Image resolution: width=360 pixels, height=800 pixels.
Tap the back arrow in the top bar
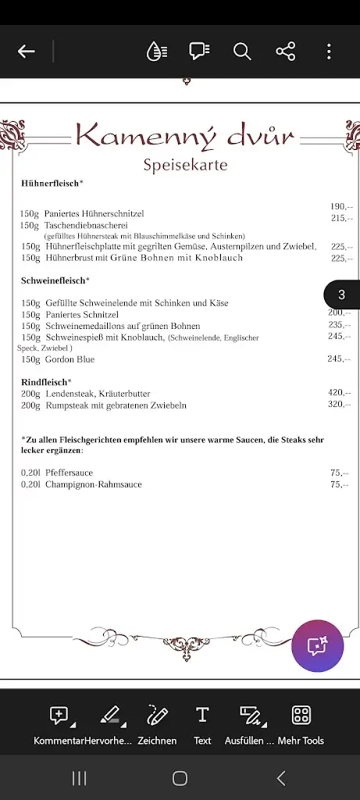(x=27, y=52)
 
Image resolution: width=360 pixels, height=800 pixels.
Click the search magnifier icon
(x=242, y=52)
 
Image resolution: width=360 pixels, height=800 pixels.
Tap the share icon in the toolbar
(x=286, y=52)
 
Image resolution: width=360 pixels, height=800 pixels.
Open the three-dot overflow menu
(x=329, y=52)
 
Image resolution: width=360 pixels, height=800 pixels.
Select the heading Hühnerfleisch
(x=51, y=184)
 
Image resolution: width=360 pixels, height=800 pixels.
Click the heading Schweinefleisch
(x=54, y=280)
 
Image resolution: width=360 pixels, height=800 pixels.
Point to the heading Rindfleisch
(x=45, y=382)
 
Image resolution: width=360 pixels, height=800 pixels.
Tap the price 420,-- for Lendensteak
(x=339, y=393)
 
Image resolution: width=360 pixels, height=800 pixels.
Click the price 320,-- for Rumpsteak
(x=339, y=405)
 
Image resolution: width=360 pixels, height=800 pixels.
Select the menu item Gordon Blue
(x=70, y=359)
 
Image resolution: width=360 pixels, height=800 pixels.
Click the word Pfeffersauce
(x=69, y=473)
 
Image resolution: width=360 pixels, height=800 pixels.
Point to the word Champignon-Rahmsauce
(x=93, y=484)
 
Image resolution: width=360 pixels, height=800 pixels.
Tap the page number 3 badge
(x=341, y=295)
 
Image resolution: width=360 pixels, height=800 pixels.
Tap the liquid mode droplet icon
(x=156, y=52)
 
